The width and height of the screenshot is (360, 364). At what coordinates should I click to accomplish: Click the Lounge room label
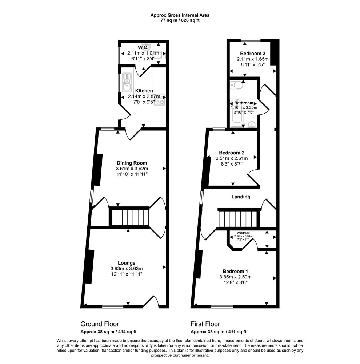point(127,263)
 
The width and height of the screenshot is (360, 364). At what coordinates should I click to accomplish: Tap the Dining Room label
point(132,163)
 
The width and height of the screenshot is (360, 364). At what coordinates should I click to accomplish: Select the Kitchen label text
point(144,91)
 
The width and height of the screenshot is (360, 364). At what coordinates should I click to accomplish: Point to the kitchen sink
point(127,82)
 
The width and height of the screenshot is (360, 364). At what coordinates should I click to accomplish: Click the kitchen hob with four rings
point(160,100)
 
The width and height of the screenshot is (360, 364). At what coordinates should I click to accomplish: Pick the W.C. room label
point(143,47)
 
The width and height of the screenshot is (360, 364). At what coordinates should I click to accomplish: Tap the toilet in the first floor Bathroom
point(237,85)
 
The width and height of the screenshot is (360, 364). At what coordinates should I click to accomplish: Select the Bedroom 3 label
point(253,54)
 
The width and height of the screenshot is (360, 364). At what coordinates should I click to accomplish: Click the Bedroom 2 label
point(232,153)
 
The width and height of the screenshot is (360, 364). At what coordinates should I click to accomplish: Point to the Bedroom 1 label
point(235,271)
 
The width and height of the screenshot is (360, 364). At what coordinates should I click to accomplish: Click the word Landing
point(241,197)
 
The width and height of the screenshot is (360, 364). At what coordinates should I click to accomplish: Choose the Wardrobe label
point(243,233)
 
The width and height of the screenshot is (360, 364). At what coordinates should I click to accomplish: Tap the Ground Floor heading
point(100,324)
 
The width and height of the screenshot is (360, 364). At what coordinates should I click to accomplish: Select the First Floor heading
point(205,324)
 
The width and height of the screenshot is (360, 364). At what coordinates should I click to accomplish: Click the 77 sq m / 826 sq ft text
point(180,20)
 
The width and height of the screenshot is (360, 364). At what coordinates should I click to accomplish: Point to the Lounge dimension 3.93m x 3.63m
point(127,269)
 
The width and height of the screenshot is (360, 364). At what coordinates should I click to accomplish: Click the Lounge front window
point(113,306)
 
